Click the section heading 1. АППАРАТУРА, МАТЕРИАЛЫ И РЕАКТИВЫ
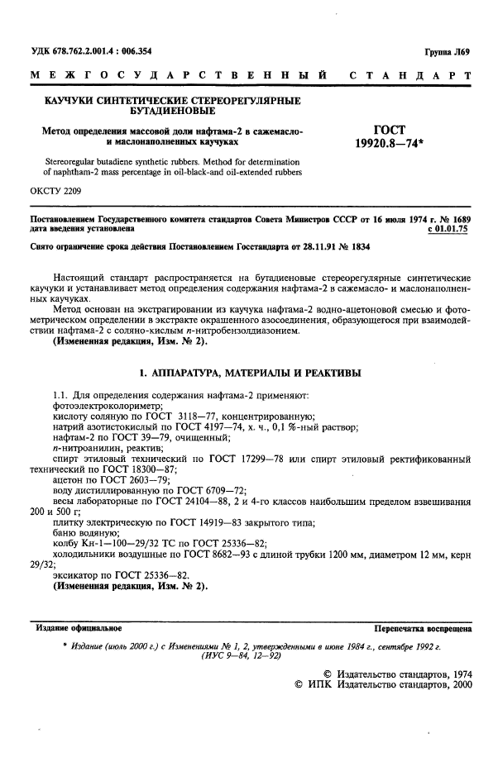click(x=250, y=374)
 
